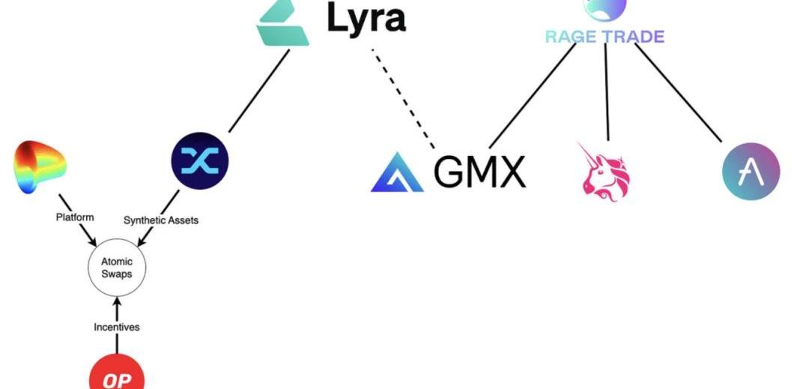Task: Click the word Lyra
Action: (367, 18)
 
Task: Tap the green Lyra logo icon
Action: (282, 22)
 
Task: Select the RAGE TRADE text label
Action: (604, 35)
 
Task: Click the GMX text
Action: (479, 172)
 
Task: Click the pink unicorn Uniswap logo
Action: (606, 171)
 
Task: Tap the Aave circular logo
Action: (751, 171)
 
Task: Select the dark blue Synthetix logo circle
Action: (199, 160)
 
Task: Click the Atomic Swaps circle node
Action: (116, 268)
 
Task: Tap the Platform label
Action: (75, 217)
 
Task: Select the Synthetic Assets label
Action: (160, 220)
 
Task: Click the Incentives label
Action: (116, 327)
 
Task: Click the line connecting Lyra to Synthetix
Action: (258, 91)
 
